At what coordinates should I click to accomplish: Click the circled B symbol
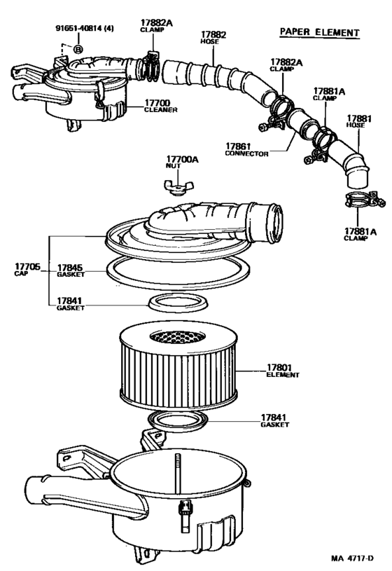click(78, 49)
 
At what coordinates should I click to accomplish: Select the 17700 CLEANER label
click(160, 106)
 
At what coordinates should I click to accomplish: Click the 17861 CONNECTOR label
click(246, 150)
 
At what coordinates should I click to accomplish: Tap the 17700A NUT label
click(182, 163)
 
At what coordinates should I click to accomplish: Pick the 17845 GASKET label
click(70, 270)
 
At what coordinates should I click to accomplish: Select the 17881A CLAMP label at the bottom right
click(360, 234)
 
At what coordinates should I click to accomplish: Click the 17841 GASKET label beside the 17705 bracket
click(70, 304)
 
